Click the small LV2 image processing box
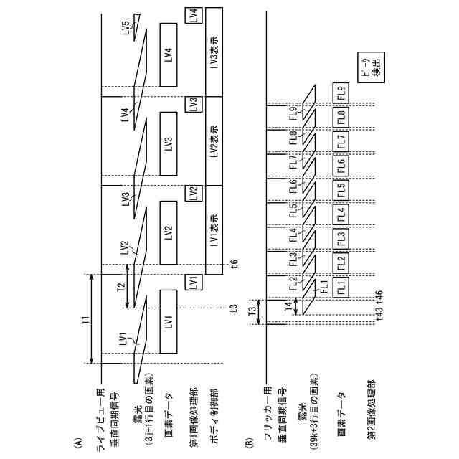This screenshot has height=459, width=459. pos(192,194)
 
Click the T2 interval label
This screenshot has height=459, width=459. pos(121,287)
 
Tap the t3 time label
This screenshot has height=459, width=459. pos(234,308)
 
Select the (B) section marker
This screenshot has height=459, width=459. pos(250,445)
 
